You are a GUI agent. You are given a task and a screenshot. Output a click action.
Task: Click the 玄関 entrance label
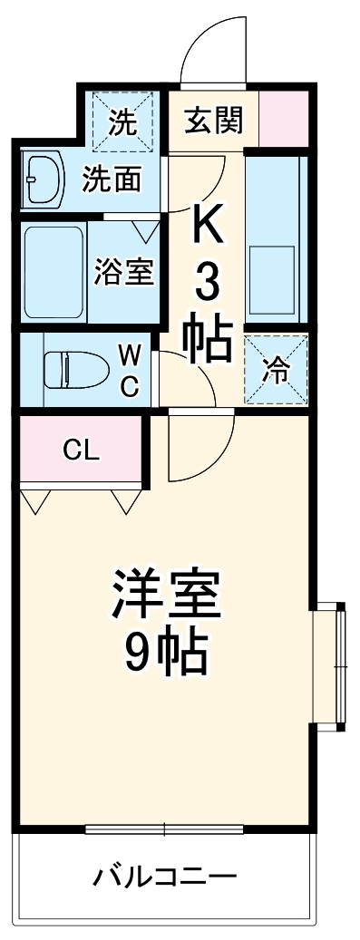tap(215, 121)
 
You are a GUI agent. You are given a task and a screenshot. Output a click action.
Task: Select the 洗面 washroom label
tap(112, 179)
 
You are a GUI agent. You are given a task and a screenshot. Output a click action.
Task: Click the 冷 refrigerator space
tap(275, 369)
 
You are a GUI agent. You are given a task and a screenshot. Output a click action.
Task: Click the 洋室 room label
tap(165, 594)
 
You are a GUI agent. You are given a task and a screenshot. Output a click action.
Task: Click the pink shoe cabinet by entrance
tap(284, 118)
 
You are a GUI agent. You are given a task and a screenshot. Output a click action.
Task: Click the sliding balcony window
tap(165, 829)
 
